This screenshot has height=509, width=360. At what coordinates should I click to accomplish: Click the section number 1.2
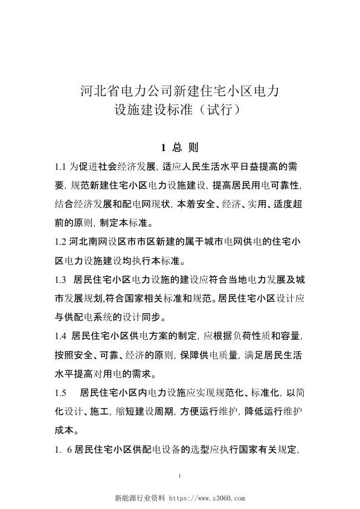(x=59, y=243)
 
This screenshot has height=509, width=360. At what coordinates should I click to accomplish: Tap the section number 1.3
(x=59, y=281)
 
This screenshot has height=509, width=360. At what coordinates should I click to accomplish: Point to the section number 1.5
(x=59, y=392)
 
